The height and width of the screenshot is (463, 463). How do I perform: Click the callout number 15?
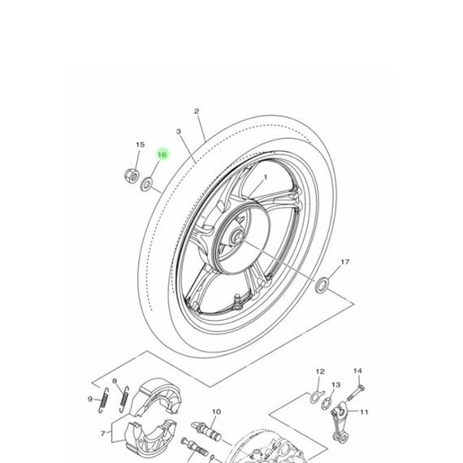pos(139,145)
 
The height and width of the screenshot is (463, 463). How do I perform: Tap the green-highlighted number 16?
pos(162,154)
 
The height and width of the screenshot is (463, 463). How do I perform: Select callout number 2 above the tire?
pos(197,111)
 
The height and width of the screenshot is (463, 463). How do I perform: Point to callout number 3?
pos(178,131)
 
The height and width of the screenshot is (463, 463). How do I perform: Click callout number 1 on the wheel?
pos(264,176)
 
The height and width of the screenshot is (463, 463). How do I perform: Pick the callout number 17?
pos(344,262)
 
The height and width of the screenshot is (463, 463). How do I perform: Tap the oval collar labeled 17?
pos(322,284)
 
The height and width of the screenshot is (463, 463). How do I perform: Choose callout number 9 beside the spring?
pos(89,398)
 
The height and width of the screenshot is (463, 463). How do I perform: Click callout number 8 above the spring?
pos(115,381)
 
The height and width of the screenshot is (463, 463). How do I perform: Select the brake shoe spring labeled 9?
pos(104,399)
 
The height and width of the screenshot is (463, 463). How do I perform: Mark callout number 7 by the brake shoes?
pos(102,434)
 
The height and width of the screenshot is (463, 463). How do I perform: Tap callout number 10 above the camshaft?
pos(216,412)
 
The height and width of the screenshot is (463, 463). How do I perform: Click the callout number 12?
pos(319,371)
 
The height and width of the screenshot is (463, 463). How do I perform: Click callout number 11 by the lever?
pos(363,412)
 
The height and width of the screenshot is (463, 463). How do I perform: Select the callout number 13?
pos(335,384)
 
